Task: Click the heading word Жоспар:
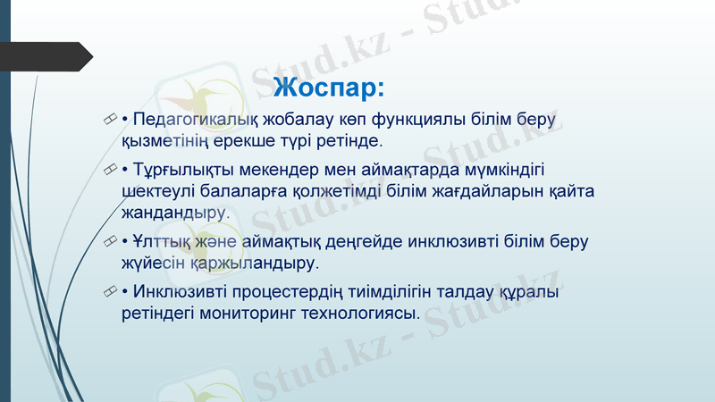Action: pos(329,88)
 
